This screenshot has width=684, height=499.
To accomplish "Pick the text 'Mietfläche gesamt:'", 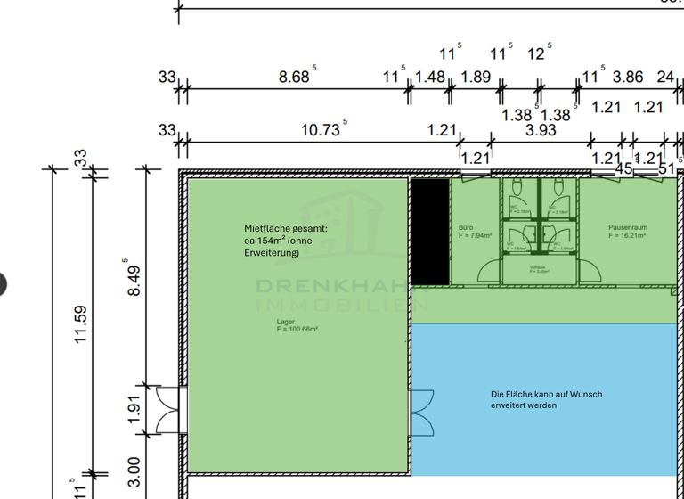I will pos(286,228).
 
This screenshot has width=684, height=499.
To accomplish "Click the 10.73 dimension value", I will pos(321,130).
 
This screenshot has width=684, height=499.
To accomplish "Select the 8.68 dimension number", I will pos(295,78).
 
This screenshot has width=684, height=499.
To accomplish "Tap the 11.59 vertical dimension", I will pos(81,324).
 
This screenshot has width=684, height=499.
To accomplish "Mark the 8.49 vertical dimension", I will pos(134,278).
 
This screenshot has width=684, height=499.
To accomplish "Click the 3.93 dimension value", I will pos(540,130).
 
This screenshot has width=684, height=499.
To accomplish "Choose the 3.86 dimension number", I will pos(628,78).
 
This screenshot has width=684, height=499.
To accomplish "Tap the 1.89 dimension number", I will pos(476,78).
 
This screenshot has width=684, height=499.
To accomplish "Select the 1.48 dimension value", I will pos(430,78).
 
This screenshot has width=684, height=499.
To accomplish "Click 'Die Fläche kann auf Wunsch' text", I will pos(546,394).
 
